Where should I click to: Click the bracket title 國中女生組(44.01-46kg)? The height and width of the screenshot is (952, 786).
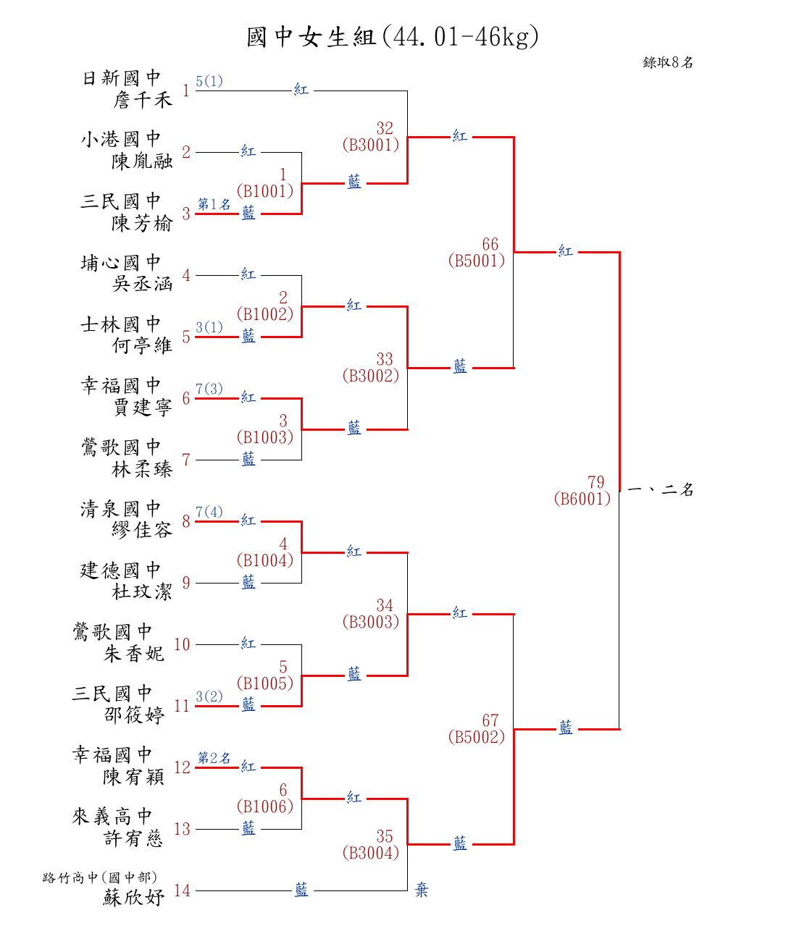point(393,36)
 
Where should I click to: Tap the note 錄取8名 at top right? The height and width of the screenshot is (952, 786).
point(668,62)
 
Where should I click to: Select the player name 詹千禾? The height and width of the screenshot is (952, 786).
point(143,100)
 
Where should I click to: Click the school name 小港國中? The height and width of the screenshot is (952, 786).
point(121,139)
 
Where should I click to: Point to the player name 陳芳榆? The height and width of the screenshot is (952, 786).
point(142,223)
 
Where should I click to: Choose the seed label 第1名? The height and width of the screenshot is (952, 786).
point(214,204)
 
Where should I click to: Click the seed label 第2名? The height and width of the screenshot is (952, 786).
point(214,757)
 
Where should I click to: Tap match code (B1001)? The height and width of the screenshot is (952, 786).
point(265,191)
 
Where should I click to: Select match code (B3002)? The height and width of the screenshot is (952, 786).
point(371,376)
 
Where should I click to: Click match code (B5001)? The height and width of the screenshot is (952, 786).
point(477,261)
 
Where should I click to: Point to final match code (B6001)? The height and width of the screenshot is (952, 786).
point(582,499)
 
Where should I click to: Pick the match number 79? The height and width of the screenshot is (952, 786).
point(595,482)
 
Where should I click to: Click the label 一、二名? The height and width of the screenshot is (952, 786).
point(661,490)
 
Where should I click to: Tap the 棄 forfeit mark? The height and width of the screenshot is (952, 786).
point(422,890)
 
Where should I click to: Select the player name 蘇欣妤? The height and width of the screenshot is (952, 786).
point(134,898)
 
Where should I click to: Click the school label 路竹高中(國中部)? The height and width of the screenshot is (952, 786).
point(100,877)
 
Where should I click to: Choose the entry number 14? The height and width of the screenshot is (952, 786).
point(182,890)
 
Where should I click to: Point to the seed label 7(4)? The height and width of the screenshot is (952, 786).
point(209,512)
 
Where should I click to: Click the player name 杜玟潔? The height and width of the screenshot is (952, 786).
point(142,592)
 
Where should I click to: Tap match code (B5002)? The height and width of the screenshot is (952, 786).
point(477,737)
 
